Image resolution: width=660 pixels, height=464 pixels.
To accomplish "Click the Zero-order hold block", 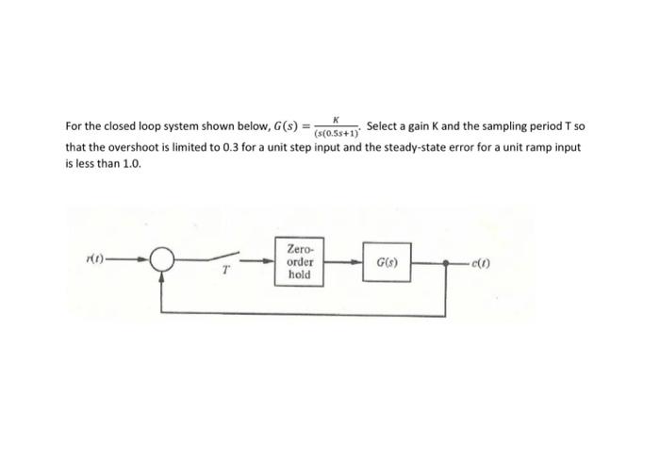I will click(299, 261).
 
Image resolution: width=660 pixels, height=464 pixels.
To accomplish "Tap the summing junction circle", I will click(165, 260).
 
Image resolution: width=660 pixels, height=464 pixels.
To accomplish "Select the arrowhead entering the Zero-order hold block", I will click(270, 261).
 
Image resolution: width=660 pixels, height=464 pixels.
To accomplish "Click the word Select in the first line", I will click(382, 126).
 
